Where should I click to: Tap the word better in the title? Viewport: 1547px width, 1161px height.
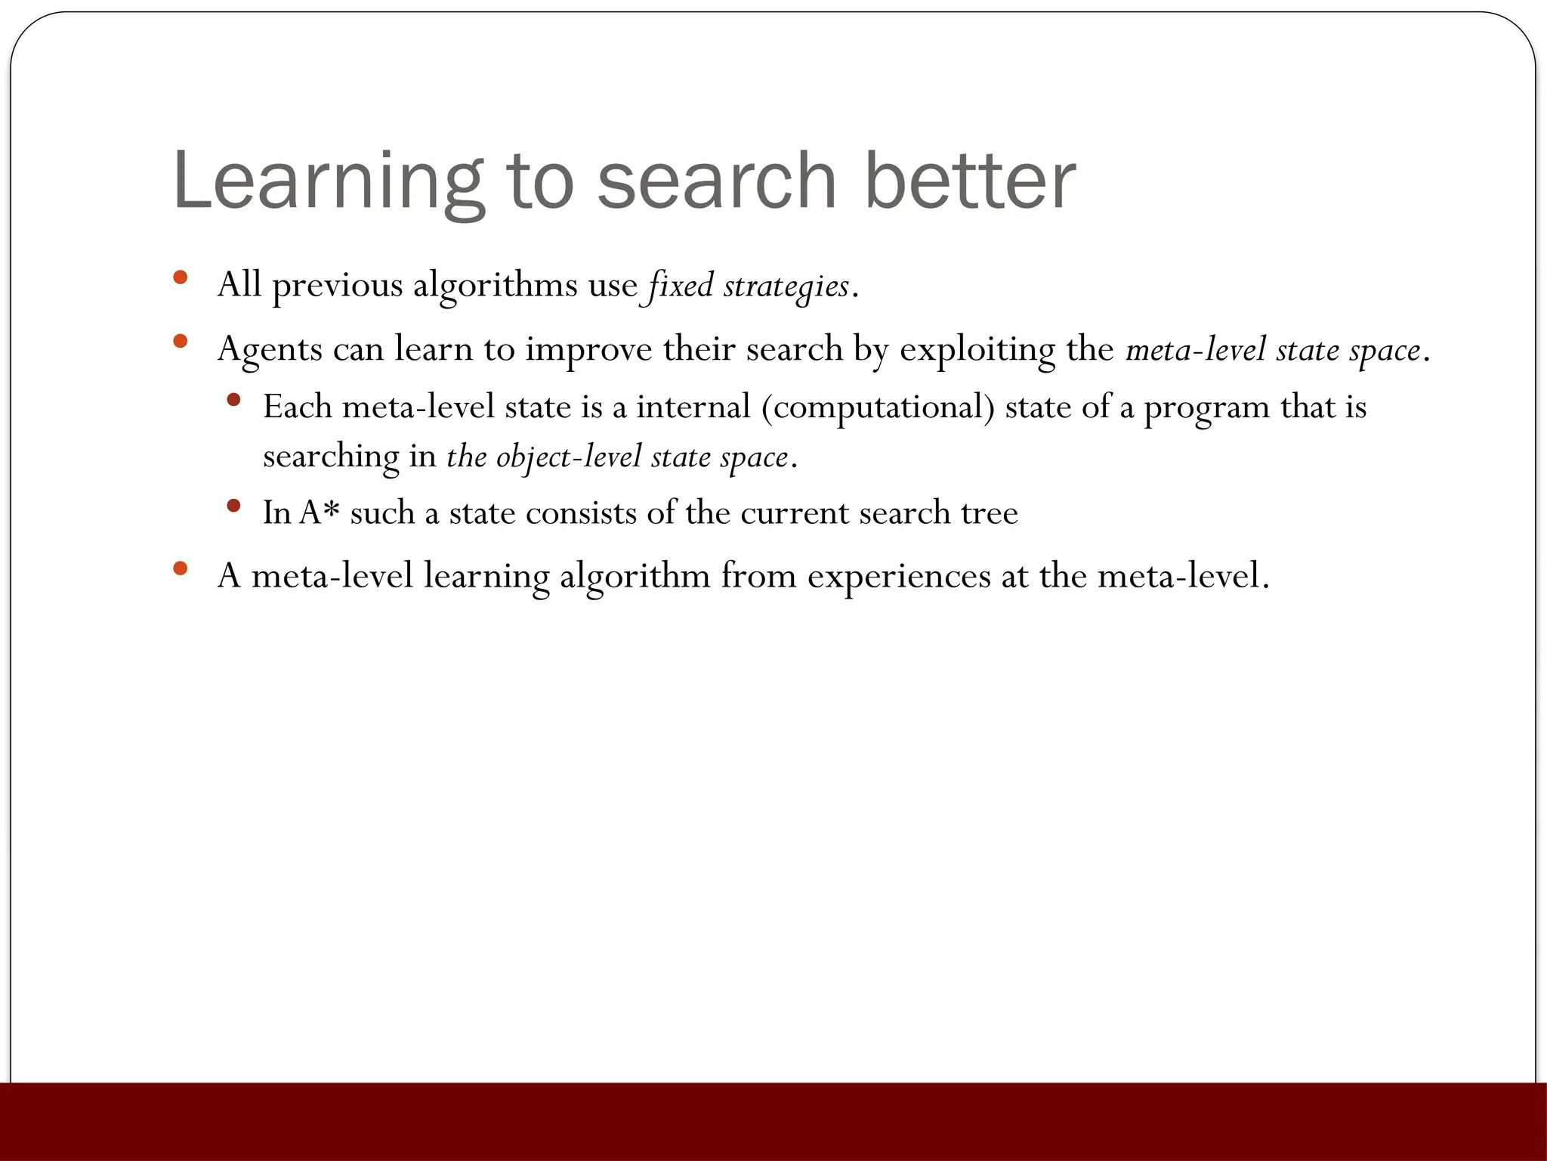[970, 181]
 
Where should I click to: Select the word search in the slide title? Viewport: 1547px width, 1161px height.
[717, 181]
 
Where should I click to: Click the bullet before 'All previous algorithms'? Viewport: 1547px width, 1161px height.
[180, 277]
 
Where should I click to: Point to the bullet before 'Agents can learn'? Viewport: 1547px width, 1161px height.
[180, 342]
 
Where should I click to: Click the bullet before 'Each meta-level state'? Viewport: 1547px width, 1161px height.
[233, 399]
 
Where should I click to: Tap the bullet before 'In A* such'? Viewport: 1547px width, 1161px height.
[233, 505]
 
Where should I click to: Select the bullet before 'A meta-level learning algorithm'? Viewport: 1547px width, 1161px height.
[180, 568]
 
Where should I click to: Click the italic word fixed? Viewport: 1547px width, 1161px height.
[679, 286]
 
